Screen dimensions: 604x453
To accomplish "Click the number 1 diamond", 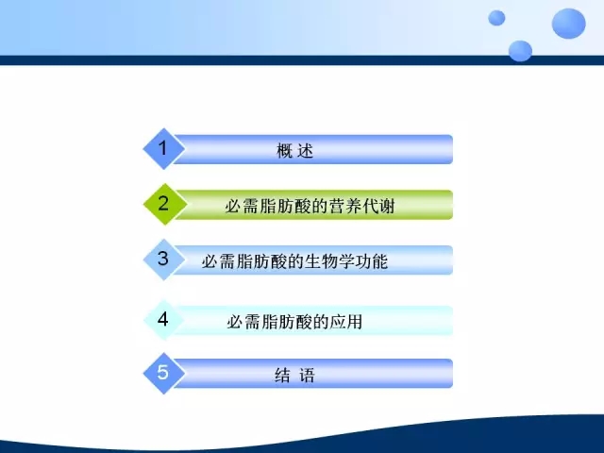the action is pos(163,149).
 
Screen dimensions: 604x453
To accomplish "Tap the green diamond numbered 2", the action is pos(164,204).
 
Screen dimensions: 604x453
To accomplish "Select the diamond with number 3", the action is pos(163,260).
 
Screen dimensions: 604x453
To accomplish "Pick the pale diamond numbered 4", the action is pos(163,320).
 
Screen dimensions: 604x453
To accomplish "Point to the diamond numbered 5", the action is pos(163,373).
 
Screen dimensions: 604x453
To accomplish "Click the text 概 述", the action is pos(295,150).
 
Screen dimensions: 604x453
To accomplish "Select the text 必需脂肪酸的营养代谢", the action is pos(310,206).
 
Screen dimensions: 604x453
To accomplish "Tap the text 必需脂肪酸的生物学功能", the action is pos(294,261).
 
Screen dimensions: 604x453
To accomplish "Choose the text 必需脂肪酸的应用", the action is pos(294,321).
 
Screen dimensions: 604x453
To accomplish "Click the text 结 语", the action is pos(295,375).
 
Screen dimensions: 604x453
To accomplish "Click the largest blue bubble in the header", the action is pos(568,24).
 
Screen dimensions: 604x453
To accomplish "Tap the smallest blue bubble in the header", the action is pos(496,18).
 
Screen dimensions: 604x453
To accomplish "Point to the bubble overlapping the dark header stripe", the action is pos(520,51).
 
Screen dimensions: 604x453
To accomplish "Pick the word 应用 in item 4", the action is pos(346,321).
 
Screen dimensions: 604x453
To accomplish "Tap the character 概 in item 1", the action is pos(285,150).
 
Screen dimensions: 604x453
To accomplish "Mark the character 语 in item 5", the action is pos(307,375).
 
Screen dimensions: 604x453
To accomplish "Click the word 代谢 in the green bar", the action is pos(378,206).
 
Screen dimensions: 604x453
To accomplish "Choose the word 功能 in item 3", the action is pos(371,261).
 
